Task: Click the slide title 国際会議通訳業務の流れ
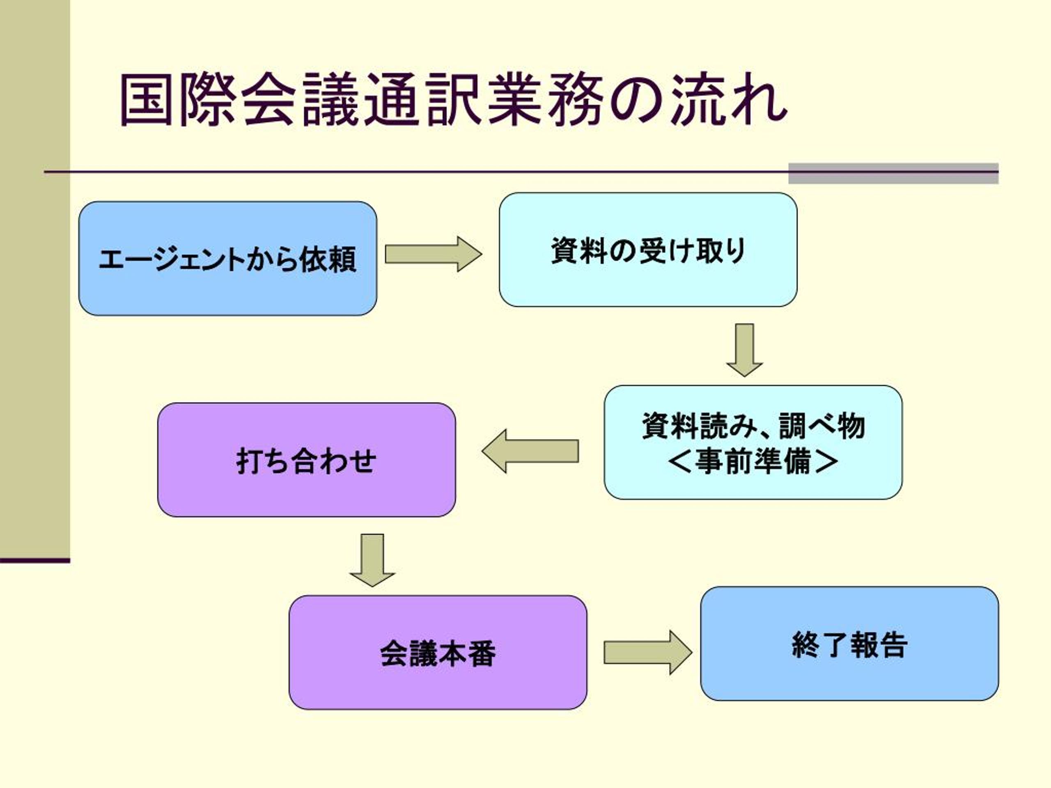coord(454,99)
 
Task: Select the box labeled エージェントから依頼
coord(227,259)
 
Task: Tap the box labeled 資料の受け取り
coord(648,250)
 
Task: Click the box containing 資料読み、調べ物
coord(753,442)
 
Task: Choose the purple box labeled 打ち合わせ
coord(306,460)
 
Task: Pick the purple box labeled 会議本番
coord(438,653)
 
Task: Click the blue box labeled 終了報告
coord(849,644)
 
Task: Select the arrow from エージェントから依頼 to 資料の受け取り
coord(433,254)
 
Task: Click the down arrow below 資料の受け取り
coord(745,350)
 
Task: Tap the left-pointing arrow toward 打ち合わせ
coord(530,451)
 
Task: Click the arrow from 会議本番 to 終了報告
coord(648,653)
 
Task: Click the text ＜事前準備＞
coord(753,461)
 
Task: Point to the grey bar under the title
coord(893,173)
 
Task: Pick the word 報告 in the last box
coord(879,644)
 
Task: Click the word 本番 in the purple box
coord(467,653)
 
